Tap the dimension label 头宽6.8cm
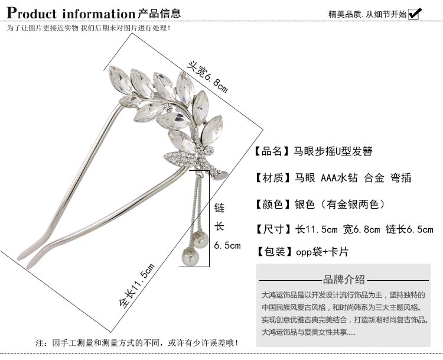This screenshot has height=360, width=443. [207, 77]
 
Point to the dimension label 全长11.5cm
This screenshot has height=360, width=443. [136, 286]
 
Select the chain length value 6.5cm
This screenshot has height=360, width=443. [227, 245]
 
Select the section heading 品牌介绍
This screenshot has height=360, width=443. [344, 280]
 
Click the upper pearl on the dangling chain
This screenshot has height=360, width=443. [201, 239]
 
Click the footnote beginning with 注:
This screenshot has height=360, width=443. [138, 343]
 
